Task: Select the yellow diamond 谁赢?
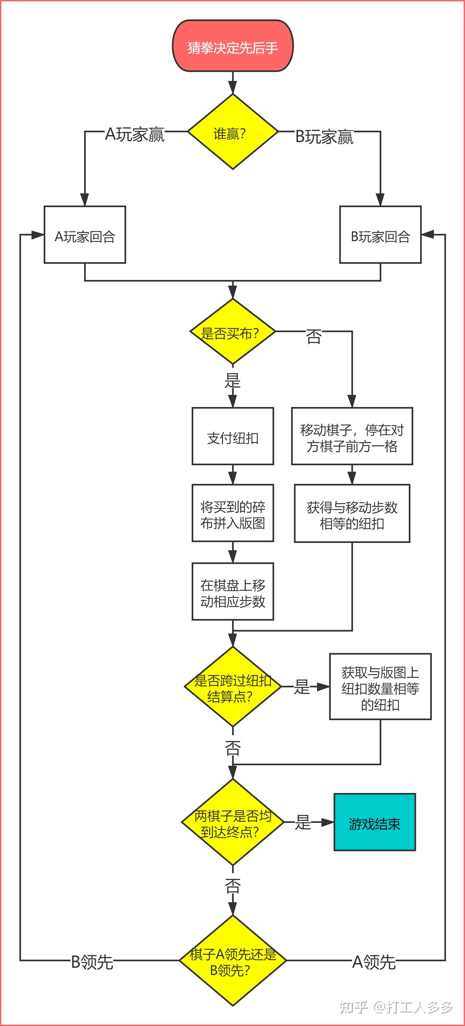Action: tap(232, 132)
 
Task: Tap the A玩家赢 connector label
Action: tap(135, 135)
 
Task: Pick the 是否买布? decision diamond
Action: tap(232, 332)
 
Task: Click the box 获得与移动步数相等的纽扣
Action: tap(352, 514)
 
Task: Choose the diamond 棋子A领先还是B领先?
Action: tap(232, 961)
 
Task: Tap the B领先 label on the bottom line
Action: tap(92, 962)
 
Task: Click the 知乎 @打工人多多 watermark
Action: tap(396, 1007)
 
